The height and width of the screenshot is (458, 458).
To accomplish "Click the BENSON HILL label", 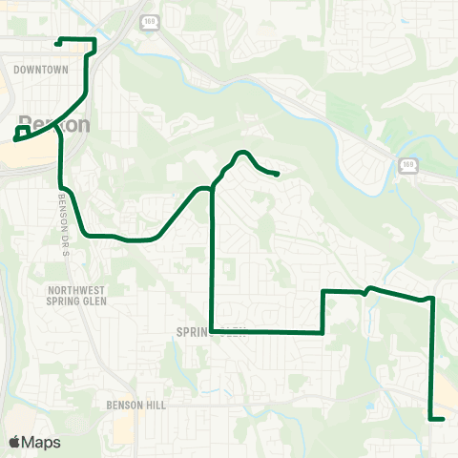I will pos(135,406).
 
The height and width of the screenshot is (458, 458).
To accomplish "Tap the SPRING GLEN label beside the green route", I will pos(211,333).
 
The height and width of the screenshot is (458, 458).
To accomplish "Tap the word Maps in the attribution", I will pos(41,442).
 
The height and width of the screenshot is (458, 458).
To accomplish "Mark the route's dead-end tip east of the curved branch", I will pos(277,174).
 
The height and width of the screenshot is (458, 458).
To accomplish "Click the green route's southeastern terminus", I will pos(444,419).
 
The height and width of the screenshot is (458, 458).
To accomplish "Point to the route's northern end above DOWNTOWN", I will pos(59,42).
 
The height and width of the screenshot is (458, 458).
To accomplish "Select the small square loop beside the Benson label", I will pos(23,132).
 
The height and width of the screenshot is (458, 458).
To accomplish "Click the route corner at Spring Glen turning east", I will pos(212,332).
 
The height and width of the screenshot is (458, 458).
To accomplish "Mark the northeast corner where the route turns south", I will pos(433,299).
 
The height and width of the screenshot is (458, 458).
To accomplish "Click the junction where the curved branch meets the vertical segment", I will pos(212,189).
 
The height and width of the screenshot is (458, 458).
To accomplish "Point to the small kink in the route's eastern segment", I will pos(367,291).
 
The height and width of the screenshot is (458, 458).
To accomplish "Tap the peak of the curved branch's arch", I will pos(242,153).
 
